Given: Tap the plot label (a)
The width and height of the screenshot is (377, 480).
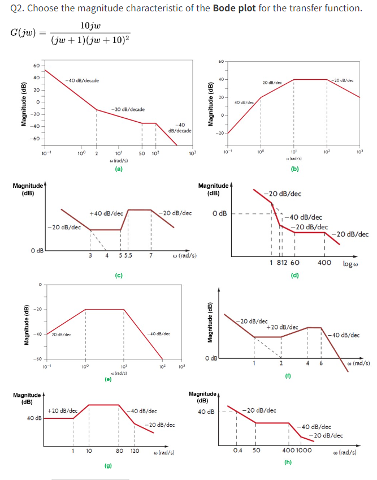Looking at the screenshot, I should [x=119, y=169].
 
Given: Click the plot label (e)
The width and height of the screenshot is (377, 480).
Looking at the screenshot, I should [x=107, y=380].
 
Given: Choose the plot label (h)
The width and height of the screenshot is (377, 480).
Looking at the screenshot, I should [x=288, y=462].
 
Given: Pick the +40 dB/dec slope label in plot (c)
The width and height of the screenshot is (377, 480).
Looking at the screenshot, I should [x=106, y=213].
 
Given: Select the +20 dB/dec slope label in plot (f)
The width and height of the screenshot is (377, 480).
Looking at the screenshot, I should [x=282, y=327].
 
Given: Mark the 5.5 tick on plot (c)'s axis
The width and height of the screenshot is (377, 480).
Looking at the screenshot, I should [x=128, y=255].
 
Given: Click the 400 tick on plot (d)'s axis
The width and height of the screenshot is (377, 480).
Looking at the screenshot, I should [x=324, y=263].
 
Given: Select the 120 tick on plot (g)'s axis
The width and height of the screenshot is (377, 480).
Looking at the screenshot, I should [x=135, y=451].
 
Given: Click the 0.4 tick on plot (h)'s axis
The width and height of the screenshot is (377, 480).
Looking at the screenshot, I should [x=238, y=451].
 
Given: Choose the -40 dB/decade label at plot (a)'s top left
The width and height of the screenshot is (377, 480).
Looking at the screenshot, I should [x=82, y=81].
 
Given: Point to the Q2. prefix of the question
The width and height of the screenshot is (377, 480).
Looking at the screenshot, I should [x=18, y=8].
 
